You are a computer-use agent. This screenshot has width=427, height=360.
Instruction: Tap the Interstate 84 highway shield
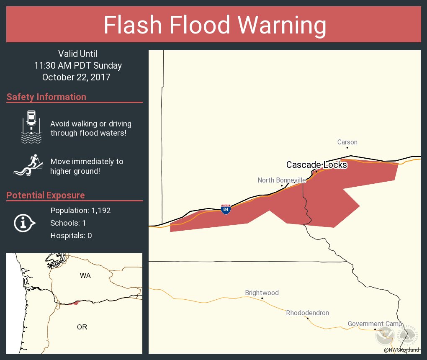(226, 209)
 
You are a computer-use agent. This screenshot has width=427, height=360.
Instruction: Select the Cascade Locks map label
(316, 165)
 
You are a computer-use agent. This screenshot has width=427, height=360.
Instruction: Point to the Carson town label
(347, 142)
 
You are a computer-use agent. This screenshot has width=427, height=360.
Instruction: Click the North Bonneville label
(282, 180)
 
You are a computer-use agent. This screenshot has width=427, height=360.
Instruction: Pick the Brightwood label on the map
(262, 293)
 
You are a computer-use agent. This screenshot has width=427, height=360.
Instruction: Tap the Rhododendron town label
(307, 313)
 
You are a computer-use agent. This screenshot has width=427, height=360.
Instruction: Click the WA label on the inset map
(85, 275)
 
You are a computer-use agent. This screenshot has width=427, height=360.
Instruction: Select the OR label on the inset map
(82, 327)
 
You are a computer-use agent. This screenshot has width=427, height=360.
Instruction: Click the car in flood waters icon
(31, 127)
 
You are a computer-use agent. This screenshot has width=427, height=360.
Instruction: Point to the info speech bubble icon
(25, 223)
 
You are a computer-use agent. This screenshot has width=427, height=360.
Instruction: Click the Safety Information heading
(46, 97)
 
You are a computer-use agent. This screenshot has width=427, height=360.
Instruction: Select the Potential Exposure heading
(46, 195)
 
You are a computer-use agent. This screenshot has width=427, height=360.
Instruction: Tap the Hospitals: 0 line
(71, 236)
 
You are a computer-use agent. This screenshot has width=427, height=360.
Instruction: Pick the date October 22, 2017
(76, 77)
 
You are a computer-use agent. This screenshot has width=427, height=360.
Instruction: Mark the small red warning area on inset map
(75, 303)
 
